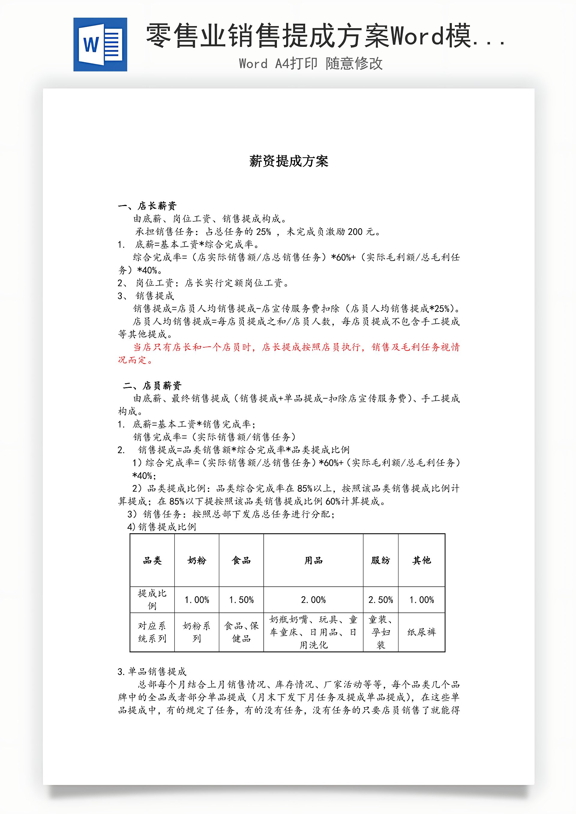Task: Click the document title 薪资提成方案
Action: click(289, 161)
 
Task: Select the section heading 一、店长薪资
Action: click(147, 206)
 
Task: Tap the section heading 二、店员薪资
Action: click(152, 385)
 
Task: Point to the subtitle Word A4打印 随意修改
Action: click(311, 64)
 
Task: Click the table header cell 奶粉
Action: click(197, 560)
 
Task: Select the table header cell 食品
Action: click(241, 560)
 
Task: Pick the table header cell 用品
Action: click(313, 560)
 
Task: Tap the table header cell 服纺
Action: click(381, 560)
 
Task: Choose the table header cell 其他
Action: click(421, 560)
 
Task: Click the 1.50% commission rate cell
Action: click(241, 600)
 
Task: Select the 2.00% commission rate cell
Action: click(313, 600)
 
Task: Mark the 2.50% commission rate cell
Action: click(381, 600)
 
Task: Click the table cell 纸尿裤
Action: click(421, 632)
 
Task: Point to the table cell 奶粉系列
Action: click(197, 632)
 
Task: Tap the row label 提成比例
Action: click(152, 600)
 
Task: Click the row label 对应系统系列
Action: click(152, 632)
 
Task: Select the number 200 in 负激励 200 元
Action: click(355, 232)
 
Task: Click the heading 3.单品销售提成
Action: click(152, 672)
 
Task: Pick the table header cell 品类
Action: click(152, 560)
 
